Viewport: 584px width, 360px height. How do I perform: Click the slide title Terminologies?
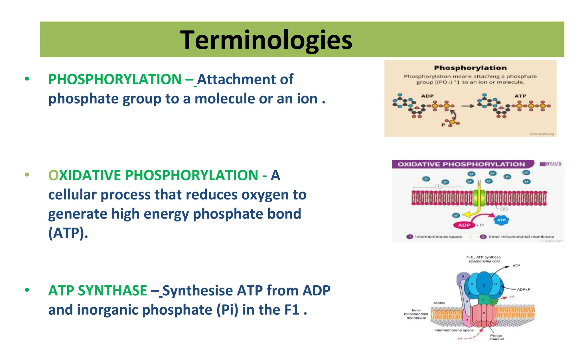tap(266, 40)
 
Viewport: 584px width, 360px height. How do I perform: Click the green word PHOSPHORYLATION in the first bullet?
tap(115, 79)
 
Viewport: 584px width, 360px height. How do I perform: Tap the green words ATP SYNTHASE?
tap(98, 290)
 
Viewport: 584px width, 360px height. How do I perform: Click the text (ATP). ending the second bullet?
tap(68, 233)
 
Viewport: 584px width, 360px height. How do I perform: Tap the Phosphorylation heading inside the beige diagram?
tap(470, 68)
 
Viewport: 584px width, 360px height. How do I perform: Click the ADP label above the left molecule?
tap(427, 96)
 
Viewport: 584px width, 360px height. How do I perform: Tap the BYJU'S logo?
tap(551, 164)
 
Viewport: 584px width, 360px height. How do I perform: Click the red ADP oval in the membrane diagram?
tap(464, 225)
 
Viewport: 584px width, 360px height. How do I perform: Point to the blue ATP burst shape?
tap(501, 220)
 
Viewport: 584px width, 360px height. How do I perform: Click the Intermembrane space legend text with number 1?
tap(438, 237)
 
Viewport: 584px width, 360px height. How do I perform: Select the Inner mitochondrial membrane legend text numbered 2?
tap(521, 237)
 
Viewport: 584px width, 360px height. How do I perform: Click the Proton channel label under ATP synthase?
tap(496, 337)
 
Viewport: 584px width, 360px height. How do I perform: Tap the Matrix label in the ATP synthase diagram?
tap(439, 303)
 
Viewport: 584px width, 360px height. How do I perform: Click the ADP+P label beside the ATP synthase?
tap(524, 289)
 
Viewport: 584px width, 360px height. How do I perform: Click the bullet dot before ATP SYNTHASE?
tap(27, 290)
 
